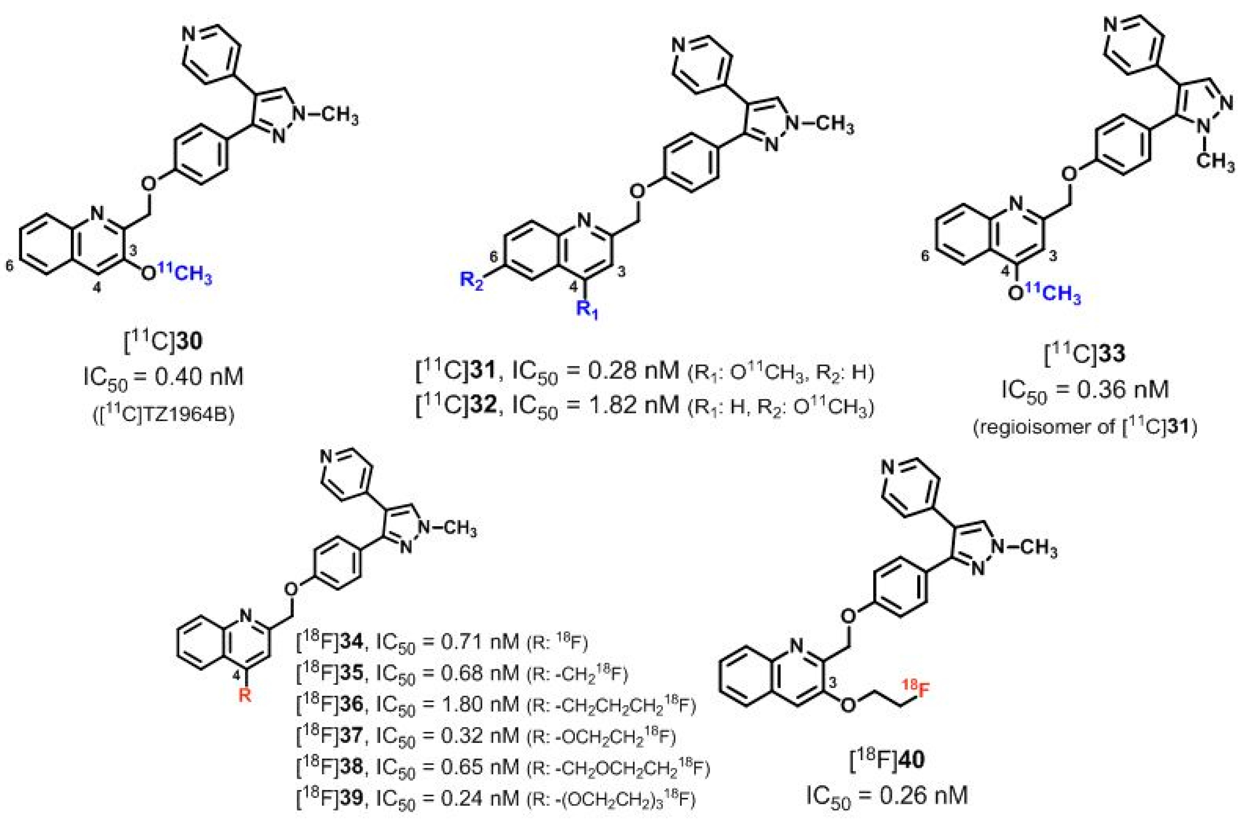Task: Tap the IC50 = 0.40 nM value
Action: point(163,378)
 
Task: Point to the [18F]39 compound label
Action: point(330,799)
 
